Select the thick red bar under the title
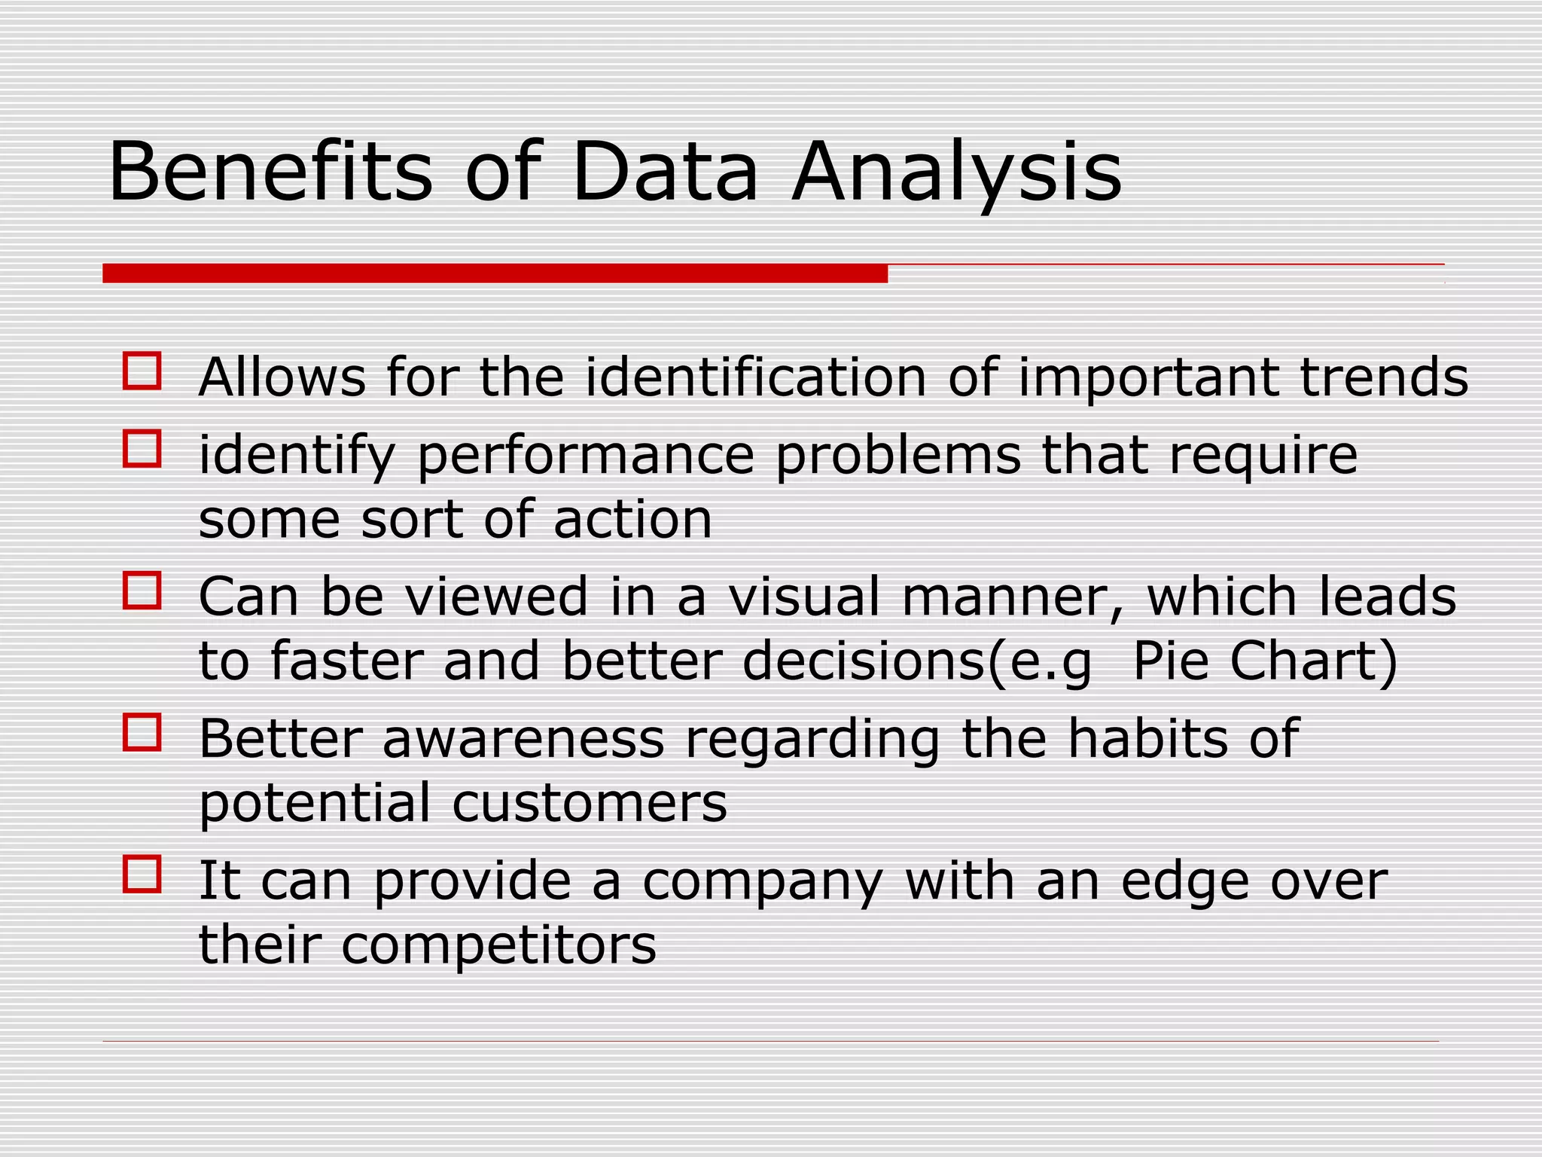[495, 273]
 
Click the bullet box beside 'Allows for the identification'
[142, 371]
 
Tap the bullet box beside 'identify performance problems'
[142, 449]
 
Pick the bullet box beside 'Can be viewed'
[142, 591]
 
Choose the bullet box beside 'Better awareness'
[142, 732]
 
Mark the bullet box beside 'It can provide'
[142, 874]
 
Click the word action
[632, 519]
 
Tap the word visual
[803, 597]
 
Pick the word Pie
[1171, 661]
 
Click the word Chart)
[1314, 661]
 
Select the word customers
[590, 803]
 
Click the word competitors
[498, 945]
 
